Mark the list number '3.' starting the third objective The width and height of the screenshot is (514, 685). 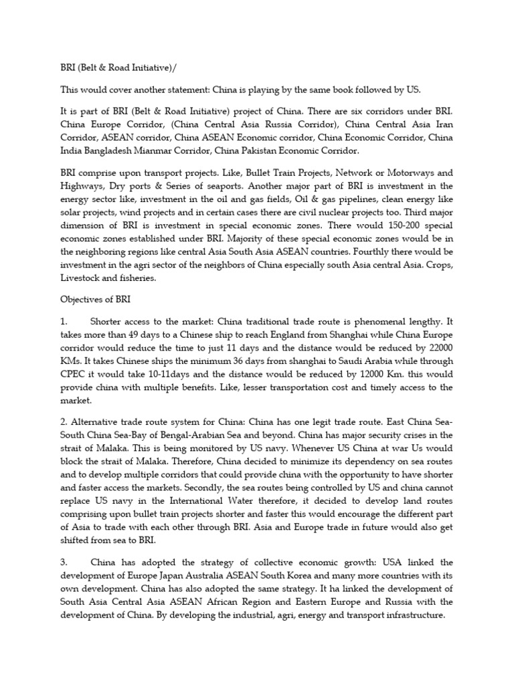click(x=64, y=563)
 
